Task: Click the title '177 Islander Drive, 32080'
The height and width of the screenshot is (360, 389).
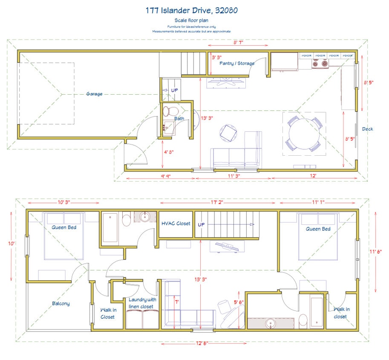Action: click(195, 10)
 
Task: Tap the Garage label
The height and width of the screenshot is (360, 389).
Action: click(94, 94)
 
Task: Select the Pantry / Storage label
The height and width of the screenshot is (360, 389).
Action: click(236, 63)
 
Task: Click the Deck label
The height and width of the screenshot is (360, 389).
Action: click(367, 129)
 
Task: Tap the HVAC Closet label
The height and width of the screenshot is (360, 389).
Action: click(176, 224)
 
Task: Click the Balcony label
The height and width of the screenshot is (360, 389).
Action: click(61, 304)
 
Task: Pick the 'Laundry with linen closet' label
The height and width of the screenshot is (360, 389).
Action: click(142, 303)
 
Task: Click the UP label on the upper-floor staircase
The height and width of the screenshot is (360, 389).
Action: click(201, 224)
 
